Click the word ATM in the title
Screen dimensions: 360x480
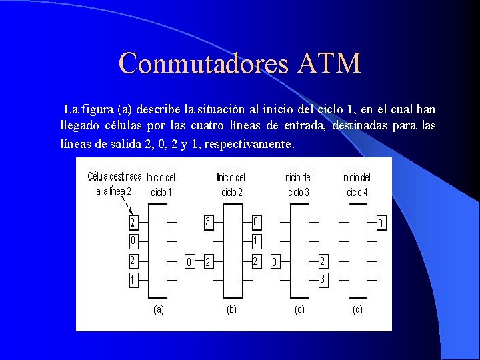tap(329, 63)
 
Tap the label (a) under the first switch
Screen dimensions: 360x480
tap(159, 310)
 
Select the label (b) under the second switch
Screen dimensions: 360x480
tap(232, 310)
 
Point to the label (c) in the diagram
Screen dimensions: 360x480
tap(299, 310)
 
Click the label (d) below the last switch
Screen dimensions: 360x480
tap(357, 310)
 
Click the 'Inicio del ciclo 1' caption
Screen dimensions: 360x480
tap(161, 185)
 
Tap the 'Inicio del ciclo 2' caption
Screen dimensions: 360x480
tap(231, 185)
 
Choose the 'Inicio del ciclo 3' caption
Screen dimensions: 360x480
tap(298, 185)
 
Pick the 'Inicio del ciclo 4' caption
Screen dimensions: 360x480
tap(356, 185)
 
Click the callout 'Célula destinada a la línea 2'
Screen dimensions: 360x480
tap(114, 183)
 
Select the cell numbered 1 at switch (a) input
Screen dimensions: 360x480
tap(133, 281)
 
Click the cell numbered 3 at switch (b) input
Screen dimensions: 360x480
tap(208, 222)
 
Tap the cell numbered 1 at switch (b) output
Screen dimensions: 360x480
tap(256, 240)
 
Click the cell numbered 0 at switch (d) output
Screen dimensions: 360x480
tap(381, 223)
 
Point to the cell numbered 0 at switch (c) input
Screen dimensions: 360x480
tap(275, 263)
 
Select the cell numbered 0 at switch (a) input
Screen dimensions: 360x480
tap(133, 240)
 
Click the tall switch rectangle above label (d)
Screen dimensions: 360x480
tap(357, 251)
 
